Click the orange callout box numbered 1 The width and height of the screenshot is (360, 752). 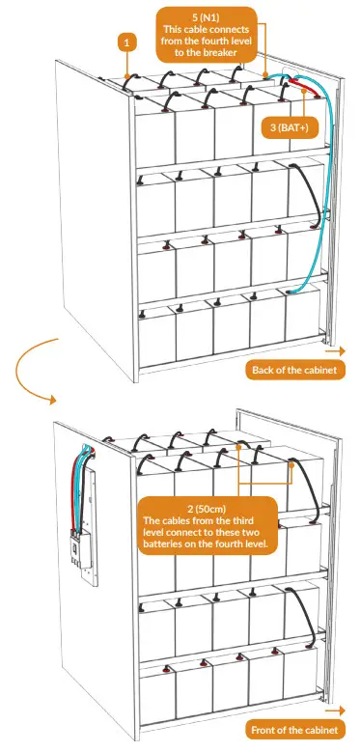point(125,42)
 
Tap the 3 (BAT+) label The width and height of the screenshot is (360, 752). point(291,126)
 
